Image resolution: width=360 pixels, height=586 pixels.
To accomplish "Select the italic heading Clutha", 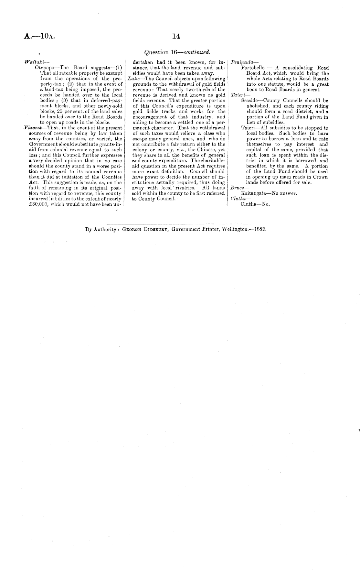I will pos(237,199).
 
